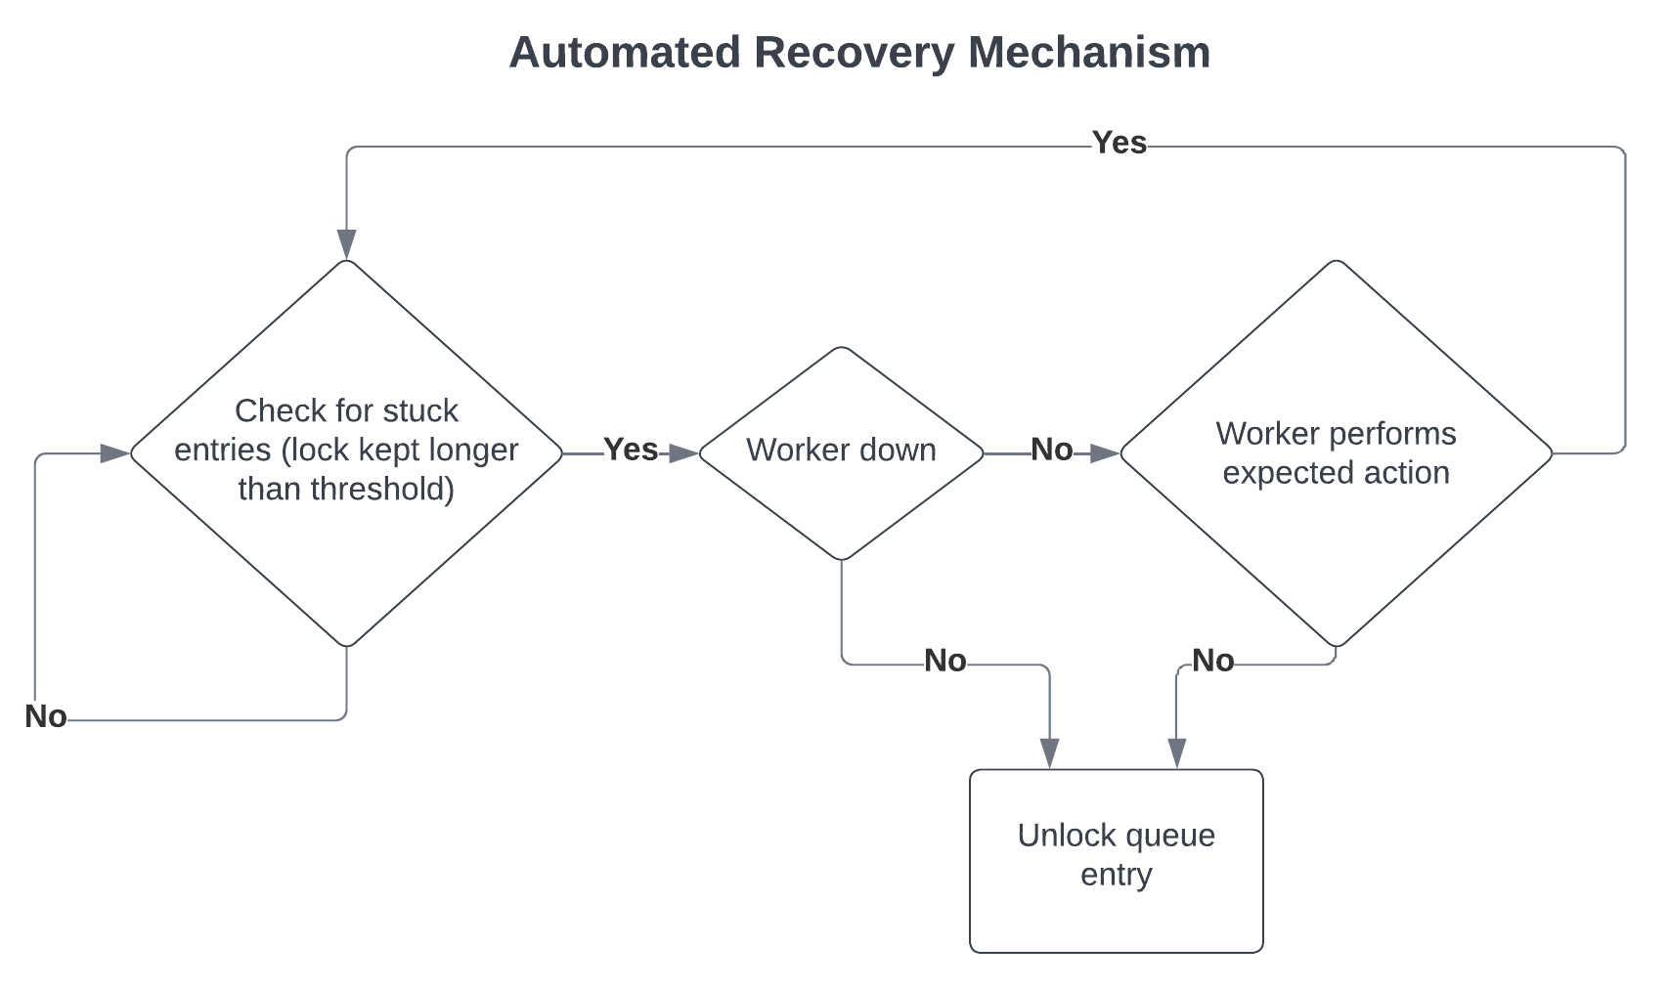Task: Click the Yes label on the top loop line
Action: tap(1119, 143)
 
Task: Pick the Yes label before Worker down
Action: tap(631, 450)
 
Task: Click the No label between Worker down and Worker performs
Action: tap(1051, 450)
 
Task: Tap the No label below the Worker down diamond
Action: tap(944, 662)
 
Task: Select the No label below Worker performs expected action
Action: tap(1212, 662)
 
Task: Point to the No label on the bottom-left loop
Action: tap(46, 716)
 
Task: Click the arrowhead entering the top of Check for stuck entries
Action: tap(346, 244)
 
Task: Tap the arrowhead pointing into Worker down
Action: tap(684, 453)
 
